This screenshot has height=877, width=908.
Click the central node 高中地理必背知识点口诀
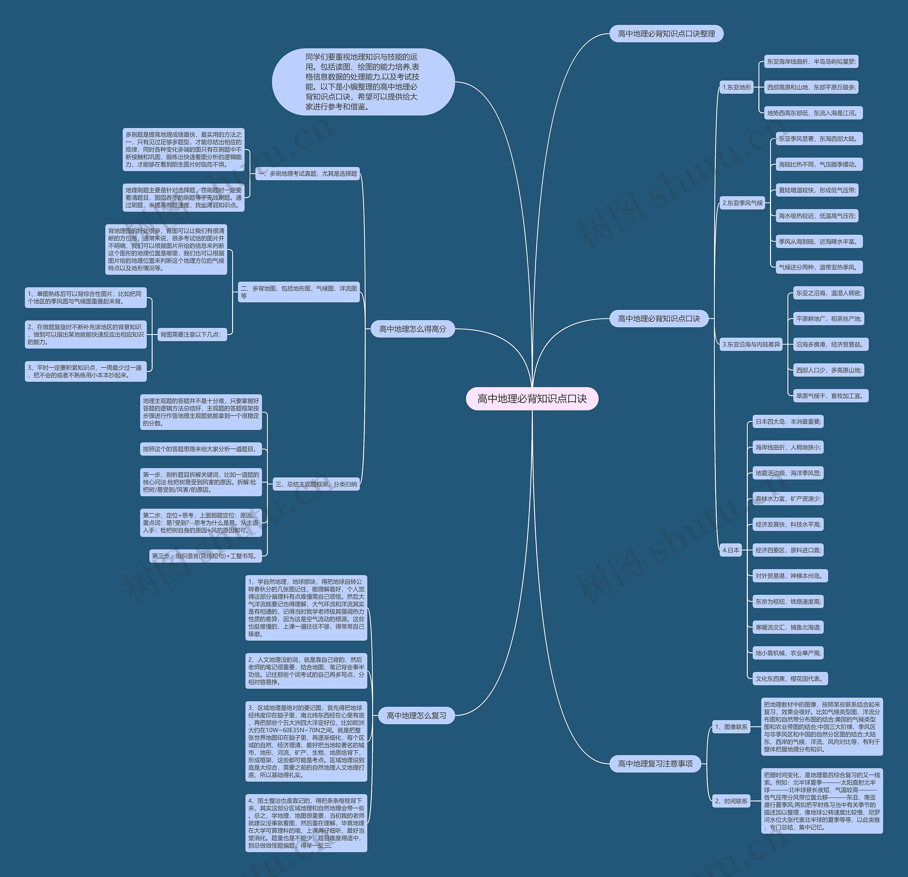pos(532,399)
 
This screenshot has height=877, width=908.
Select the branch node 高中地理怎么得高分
pos(412,329)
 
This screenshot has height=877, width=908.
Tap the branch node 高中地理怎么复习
pos(416,715)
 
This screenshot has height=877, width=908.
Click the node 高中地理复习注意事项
pos(655,763)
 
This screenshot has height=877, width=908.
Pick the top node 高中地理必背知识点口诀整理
pos(666,34)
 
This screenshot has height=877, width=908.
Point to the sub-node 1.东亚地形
pos(737,87)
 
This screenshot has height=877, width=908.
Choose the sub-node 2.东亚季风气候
pos(742,203)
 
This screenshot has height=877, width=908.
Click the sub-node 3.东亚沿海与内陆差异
pos(751,344)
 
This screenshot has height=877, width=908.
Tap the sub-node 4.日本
pos(731,550)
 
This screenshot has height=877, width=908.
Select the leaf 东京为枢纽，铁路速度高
pos(787,602)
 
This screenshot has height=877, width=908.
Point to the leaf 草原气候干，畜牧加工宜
pos(830,396)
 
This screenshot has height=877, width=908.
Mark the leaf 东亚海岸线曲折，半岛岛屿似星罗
pos(811,62)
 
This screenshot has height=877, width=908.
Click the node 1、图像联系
pos(731,727)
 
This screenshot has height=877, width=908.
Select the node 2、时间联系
pos(731,801)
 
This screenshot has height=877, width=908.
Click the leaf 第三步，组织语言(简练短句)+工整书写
pos(205,556)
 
